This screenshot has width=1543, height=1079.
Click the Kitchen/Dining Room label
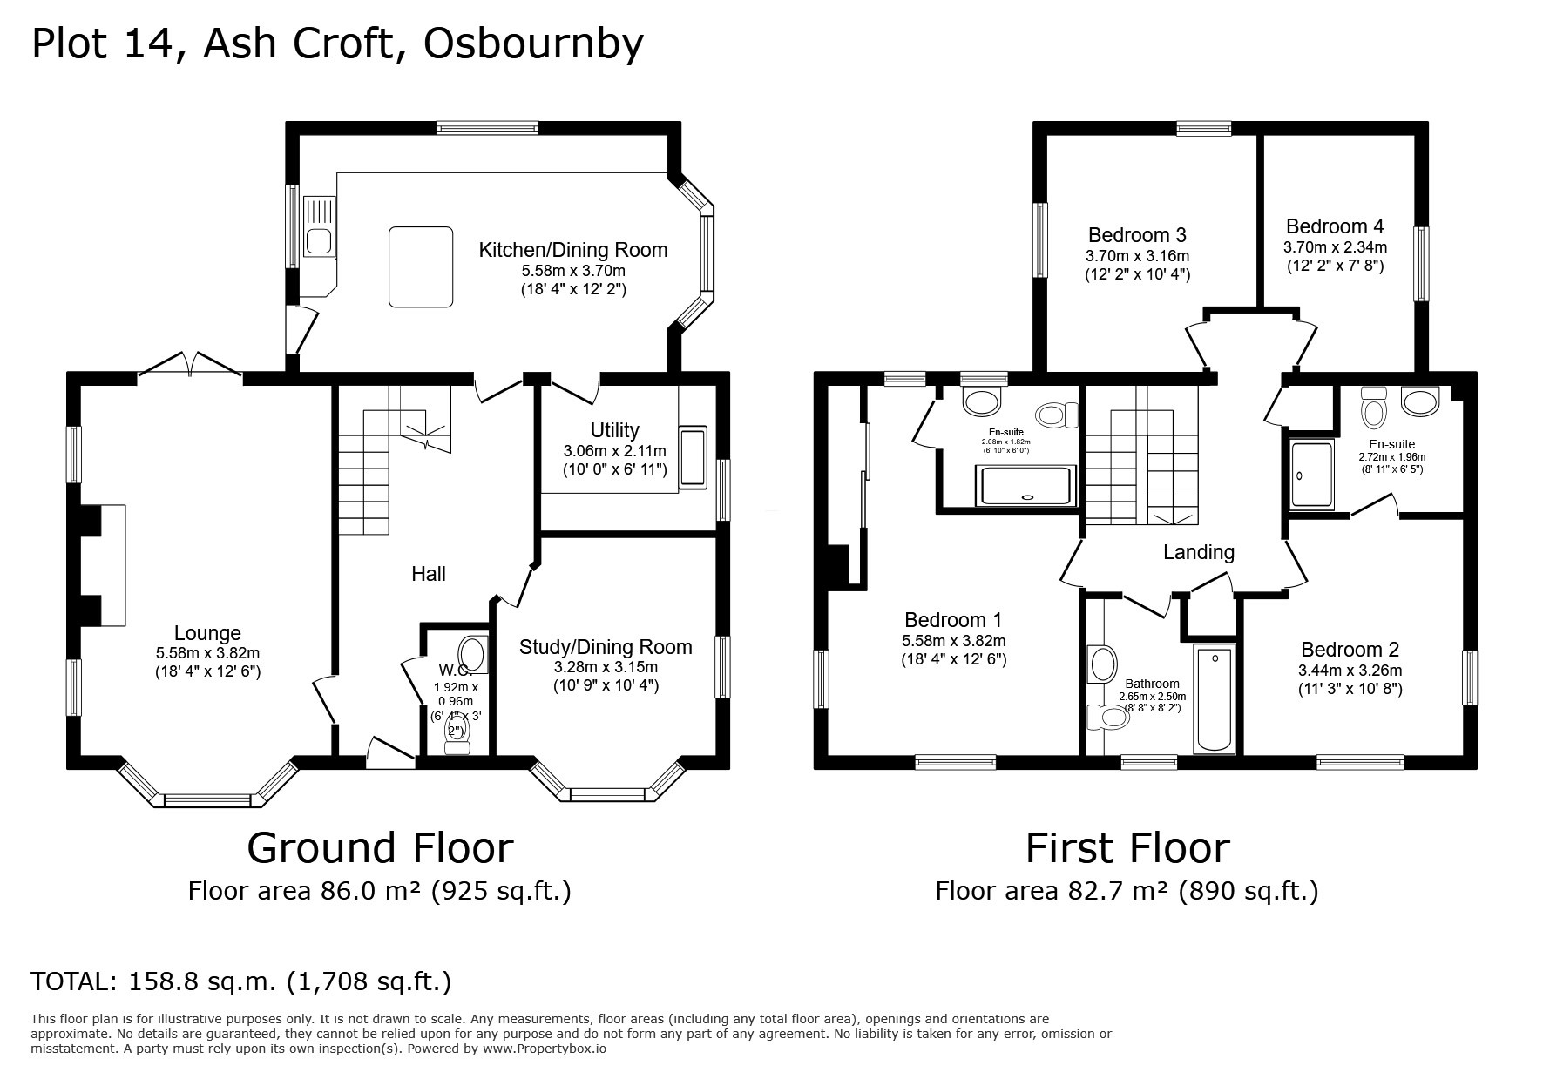point(572,250)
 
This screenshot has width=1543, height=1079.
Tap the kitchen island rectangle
point(421,266)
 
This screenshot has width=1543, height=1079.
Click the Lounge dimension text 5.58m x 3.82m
point(207,652)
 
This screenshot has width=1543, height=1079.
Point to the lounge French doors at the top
point(190,367)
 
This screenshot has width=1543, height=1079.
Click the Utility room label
point(614,430)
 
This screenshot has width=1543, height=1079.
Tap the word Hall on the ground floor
point(428,573)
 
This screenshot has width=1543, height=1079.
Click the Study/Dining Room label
point(606,647)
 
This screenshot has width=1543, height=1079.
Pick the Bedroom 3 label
point(1137,235)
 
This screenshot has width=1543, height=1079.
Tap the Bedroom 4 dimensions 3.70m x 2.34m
point(1335,246)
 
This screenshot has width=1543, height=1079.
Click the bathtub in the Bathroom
point(1214,699)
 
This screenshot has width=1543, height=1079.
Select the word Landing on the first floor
point(1199,552)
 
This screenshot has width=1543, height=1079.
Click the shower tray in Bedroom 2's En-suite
point(1311,475)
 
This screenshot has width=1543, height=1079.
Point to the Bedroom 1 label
point(953,620)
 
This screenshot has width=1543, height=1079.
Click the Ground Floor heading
point(380,847)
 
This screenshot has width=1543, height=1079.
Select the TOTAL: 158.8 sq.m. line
point(240,981)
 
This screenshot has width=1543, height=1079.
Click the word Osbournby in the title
point(533,44)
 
